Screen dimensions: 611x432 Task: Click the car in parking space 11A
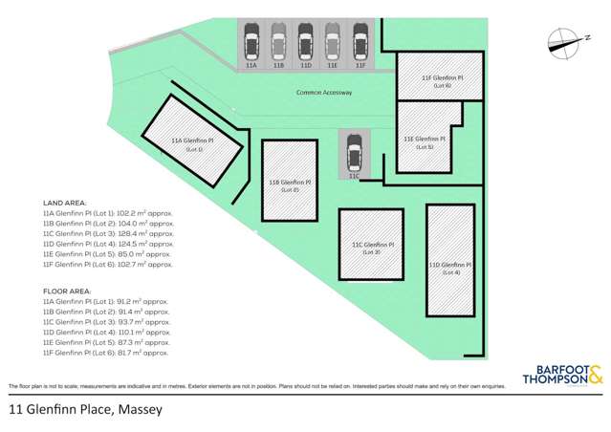click(251, 45)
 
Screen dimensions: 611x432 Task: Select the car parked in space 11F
click(360, 45)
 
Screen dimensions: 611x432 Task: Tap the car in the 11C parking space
click(353, 152)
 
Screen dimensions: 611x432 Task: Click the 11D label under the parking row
click(306, 66)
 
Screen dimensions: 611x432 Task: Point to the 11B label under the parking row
click(278, 66)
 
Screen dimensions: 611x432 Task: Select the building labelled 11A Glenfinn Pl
click(191, 145)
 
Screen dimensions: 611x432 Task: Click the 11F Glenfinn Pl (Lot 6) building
click(442, 80)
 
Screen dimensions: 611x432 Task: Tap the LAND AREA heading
click(64, 204)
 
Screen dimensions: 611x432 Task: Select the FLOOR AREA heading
click(66, 291)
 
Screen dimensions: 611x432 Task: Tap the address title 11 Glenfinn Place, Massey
click(85, 409)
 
